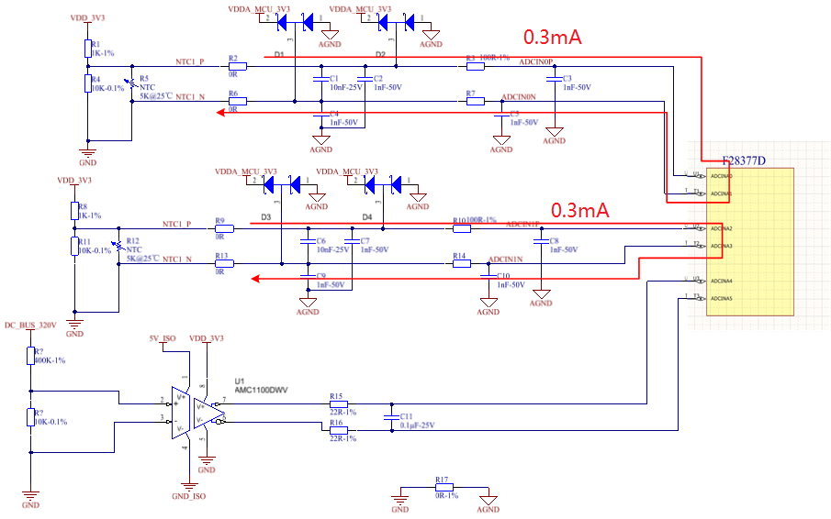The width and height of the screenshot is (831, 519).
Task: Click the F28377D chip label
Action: coord(744,161)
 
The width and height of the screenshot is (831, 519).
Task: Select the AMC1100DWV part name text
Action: coord(262,390)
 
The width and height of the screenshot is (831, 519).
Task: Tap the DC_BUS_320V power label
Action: coord(30,325)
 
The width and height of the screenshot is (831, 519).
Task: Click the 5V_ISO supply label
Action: coord(162,338)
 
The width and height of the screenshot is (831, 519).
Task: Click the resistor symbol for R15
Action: coord(338,403)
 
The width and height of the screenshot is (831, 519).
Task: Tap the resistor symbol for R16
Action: coord(338,429)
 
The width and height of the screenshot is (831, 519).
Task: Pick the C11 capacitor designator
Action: coord(406,415)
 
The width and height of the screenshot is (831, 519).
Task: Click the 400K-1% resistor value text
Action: coord(51,360)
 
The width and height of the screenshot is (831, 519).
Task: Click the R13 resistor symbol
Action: coord(224,264)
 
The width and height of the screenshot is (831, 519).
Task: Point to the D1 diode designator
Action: coord(278,55)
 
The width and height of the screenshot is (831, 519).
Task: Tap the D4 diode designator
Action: coord(367,217)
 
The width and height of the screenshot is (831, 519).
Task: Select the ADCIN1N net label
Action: coord(506,259)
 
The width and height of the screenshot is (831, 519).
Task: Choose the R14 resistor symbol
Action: coord(462,264)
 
